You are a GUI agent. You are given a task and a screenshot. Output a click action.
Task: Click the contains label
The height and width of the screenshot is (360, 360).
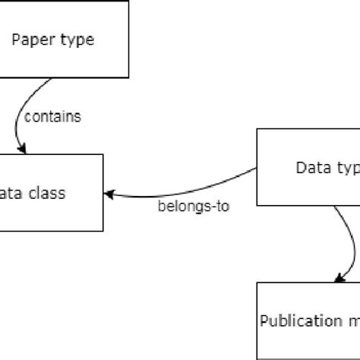point(53,117)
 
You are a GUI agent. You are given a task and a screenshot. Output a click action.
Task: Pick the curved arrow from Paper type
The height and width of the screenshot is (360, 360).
point(18,114)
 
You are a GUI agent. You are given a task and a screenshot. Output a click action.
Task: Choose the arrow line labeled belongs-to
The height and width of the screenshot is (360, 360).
point(182,183)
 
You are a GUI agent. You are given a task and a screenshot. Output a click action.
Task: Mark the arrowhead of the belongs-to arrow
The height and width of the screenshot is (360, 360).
point(109,194)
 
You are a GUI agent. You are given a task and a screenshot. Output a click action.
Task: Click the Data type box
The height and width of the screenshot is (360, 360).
point(308,167)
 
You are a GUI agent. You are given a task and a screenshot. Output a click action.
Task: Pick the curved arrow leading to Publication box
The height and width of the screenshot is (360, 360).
point(351,243)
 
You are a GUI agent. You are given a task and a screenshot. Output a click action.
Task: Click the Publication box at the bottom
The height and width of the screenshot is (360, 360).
point(308,320)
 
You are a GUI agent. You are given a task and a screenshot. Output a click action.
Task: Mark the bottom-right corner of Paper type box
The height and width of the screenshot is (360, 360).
point(128,77)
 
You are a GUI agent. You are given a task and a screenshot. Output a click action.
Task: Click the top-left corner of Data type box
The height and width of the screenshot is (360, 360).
point(257,129)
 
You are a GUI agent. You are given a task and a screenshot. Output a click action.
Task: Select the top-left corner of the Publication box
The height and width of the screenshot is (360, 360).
point(257,283)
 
